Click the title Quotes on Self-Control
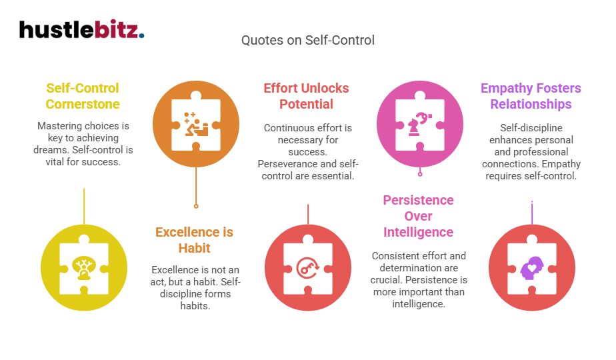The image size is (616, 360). (308, 40)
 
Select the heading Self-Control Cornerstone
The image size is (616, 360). (83, 96)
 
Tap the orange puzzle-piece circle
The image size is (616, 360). (195, 123)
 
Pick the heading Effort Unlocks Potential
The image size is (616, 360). (306, 96)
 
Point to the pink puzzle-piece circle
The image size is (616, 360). (419, 123)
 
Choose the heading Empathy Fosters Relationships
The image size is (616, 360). (531, 96)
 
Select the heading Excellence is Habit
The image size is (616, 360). (194, 240)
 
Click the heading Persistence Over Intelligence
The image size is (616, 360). (418, 216)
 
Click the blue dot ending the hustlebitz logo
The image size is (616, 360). (142, 35)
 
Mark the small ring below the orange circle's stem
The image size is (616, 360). (195, 205)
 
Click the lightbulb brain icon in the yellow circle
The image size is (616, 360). (84, 267)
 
